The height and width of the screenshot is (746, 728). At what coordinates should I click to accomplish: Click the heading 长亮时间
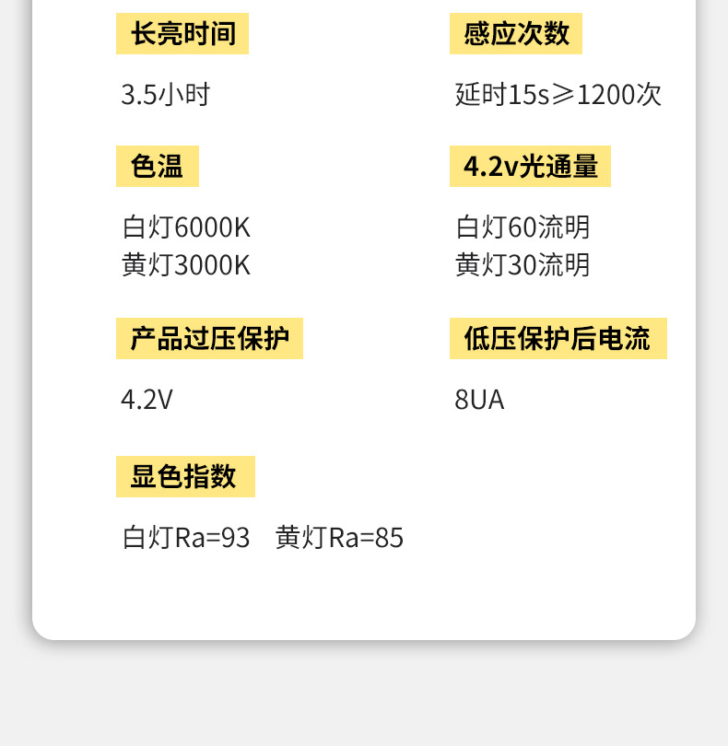click(x=182, y=34)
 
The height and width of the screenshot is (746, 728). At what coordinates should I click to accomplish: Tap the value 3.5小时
click(x=166, y=94)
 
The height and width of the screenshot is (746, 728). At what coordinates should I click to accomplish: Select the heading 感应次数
click(x=516, y=34)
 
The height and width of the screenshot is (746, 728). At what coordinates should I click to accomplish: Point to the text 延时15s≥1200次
click(x=558, y=94)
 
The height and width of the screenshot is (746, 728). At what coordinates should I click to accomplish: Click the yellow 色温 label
click(x=158, y=167)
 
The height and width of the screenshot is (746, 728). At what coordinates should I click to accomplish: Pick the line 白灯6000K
click(x=186, y=227)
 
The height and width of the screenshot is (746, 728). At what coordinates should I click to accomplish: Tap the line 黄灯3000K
click(x=186, y=265)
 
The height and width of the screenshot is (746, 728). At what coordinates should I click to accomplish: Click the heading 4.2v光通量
click(x=530, y=167)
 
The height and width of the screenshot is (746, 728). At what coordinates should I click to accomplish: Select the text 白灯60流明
click(x=523, y=227)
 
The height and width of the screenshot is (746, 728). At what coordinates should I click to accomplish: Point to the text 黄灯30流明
click(x=523, y=265)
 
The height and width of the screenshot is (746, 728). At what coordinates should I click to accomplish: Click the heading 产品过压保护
click(x=209, y=339)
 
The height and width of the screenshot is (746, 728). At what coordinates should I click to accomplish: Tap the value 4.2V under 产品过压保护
click(x=147, y=400)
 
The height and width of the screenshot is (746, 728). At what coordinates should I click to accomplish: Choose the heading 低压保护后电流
click(x=558, y=339)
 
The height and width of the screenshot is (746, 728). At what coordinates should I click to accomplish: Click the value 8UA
click(x=479, y=400)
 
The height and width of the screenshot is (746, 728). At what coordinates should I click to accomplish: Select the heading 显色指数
click(x=184, y=477)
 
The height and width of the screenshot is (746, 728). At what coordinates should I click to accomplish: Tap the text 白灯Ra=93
click(x=186, y=538)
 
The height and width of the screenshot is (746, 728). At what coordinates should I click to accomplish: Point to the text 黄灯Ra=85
click(x=339, y=538)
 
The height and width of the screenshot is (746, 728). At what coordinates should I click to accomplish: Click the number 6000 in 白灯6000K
click(x=200, y=227)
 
